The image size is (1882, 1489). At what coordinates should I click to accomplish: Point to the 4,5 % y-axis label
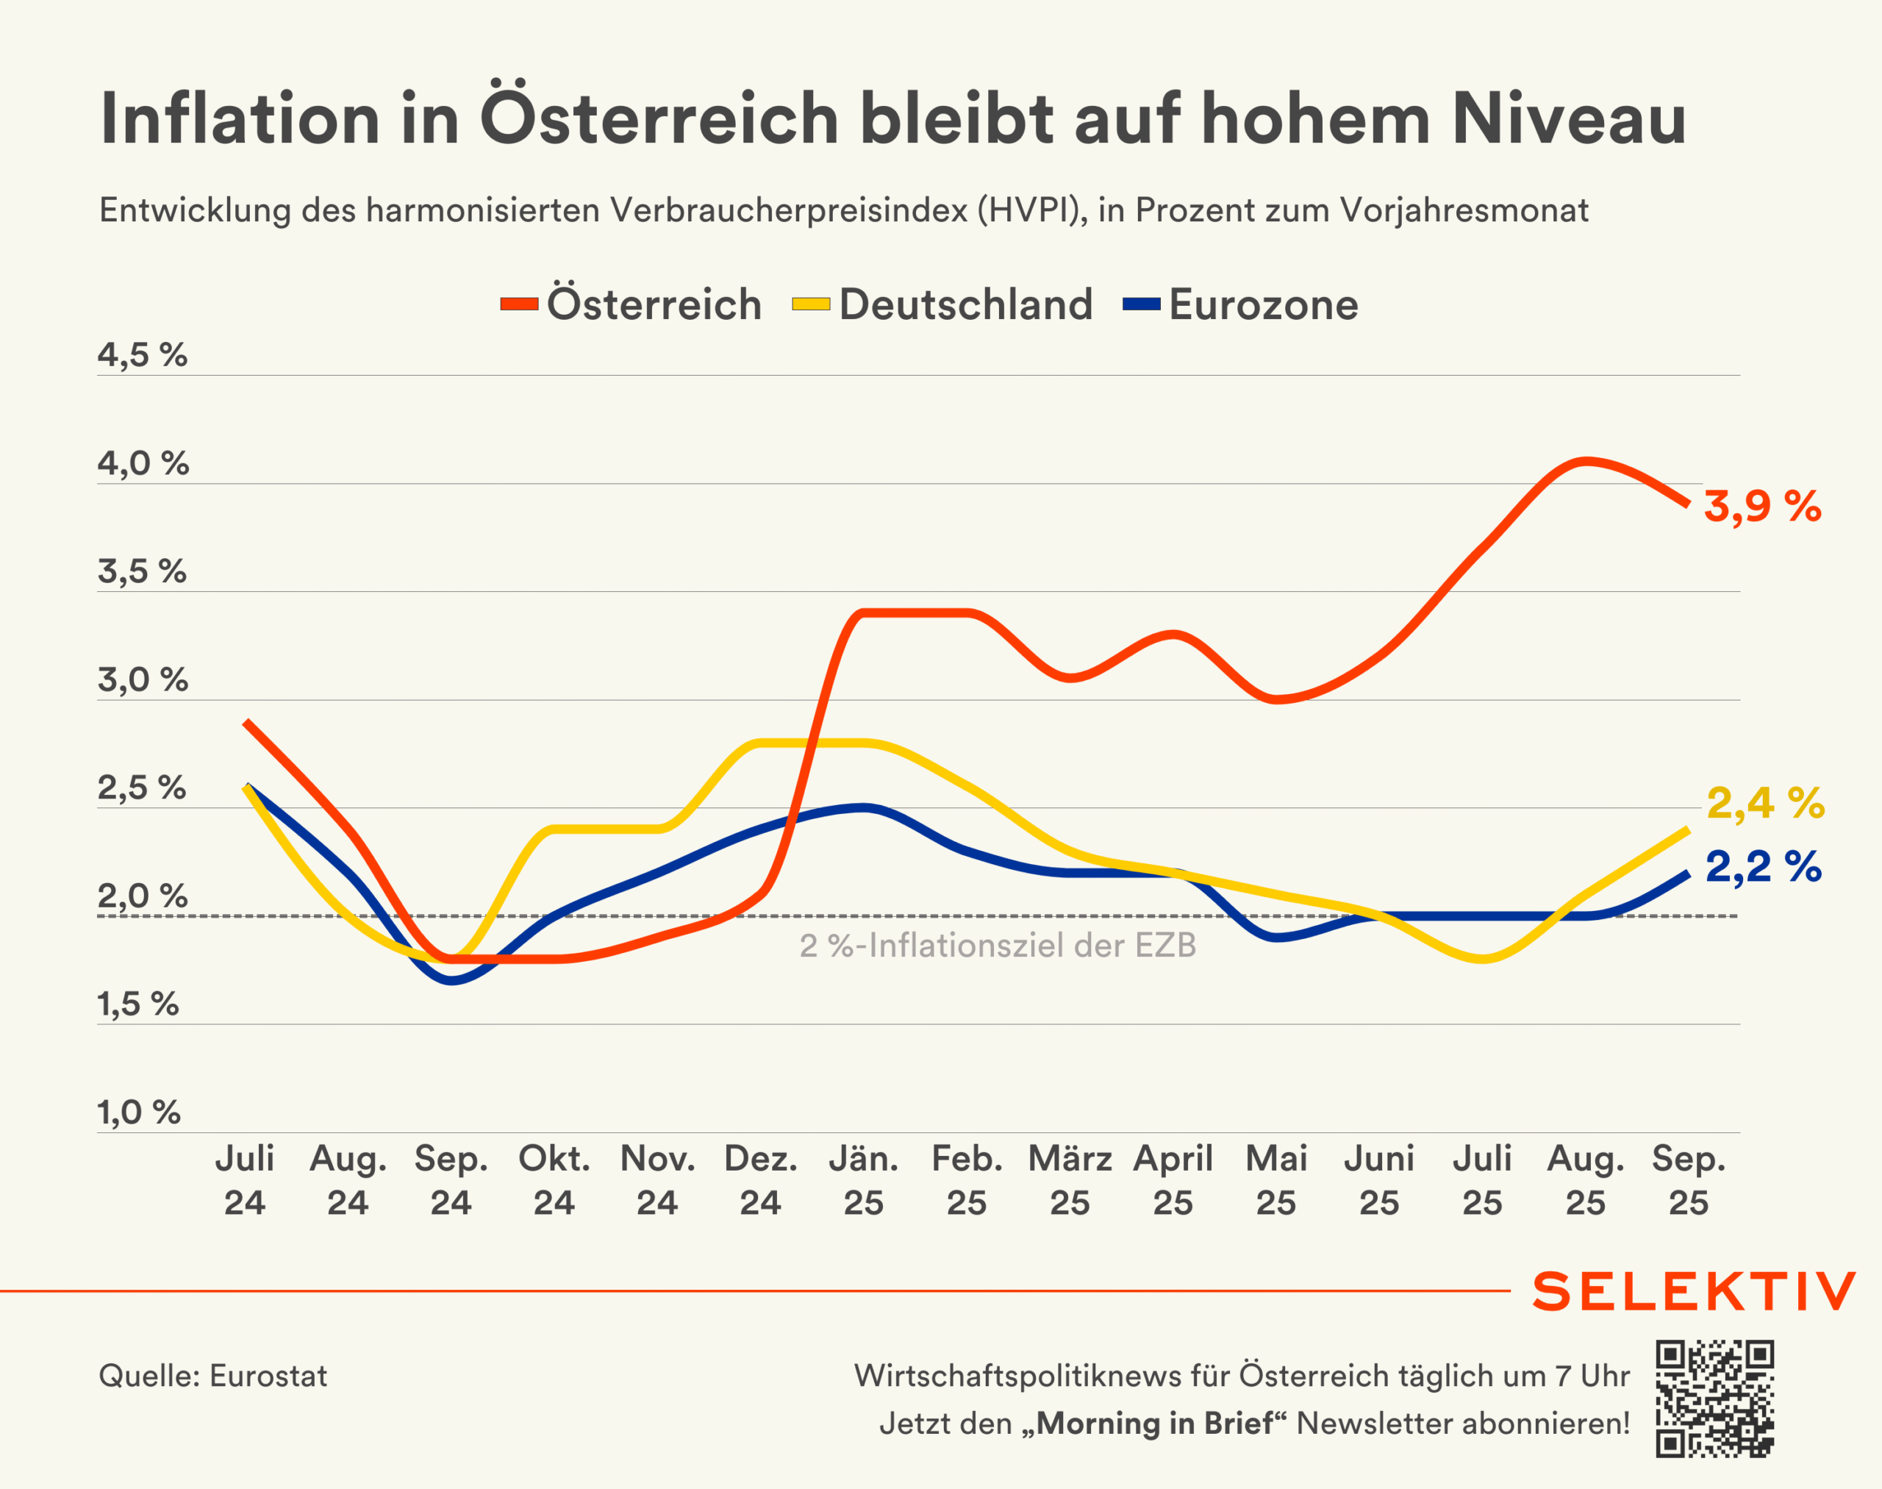click(142, 355)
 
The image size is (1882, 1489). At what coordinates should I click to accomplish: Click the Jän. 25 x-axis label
click(863, 1180)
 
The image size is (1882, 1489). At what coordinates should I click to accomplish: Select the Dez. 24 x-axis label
click(760, 1180)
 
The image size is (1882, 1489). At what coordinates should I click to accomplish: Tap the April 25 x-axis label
click(1173, 1180)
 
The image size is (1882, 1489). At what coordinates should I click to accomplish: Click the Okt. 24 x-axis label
click(554, 1180)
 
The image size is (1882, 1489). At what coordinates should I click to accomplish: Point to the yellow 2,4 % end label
click(1765, 803)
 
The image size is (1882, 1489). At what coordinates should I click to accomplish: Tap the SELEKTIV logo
click(1694, 1291)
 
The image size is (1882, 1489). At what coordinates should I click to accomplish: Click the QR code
click(1714, 1399)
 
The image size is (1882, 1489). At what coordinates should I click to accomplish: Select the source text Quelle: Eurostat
click(212, 1376)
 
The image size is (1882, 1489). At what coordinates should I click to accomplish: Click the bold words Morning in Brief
click(1154, 1424)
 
